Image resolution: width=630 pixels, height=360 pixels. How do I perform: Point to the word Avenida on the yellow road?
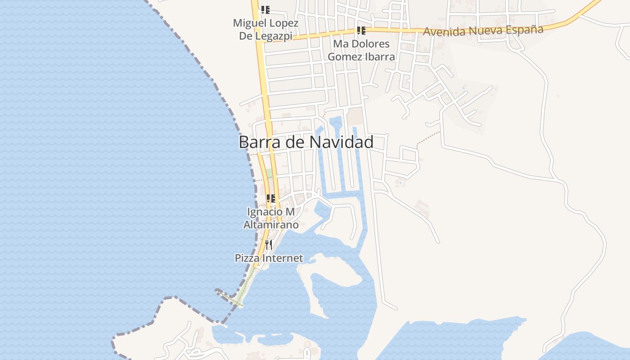pos(444,31)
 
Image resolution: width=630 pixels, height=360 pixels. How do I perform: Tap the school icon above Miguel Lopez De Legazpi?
pos(265,9)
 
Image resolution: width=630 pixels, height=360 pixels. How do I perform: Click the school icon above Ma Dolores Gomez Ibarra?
pos(361,31)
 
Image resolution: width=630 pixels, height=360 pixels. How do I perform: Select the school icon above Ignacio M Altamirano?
pos(270,198)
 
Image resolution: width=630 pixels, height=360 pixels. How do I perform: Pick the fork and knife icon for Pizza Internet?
pos(269,244)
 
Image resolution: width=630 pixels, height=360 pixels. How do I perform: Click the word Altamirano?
pos(271,225)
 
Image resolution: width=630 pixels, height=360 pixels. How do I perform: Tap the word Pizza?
pos(246,258)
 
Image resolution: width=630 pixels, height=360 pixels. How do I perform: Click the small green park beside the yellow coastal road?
pos(269,174)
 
